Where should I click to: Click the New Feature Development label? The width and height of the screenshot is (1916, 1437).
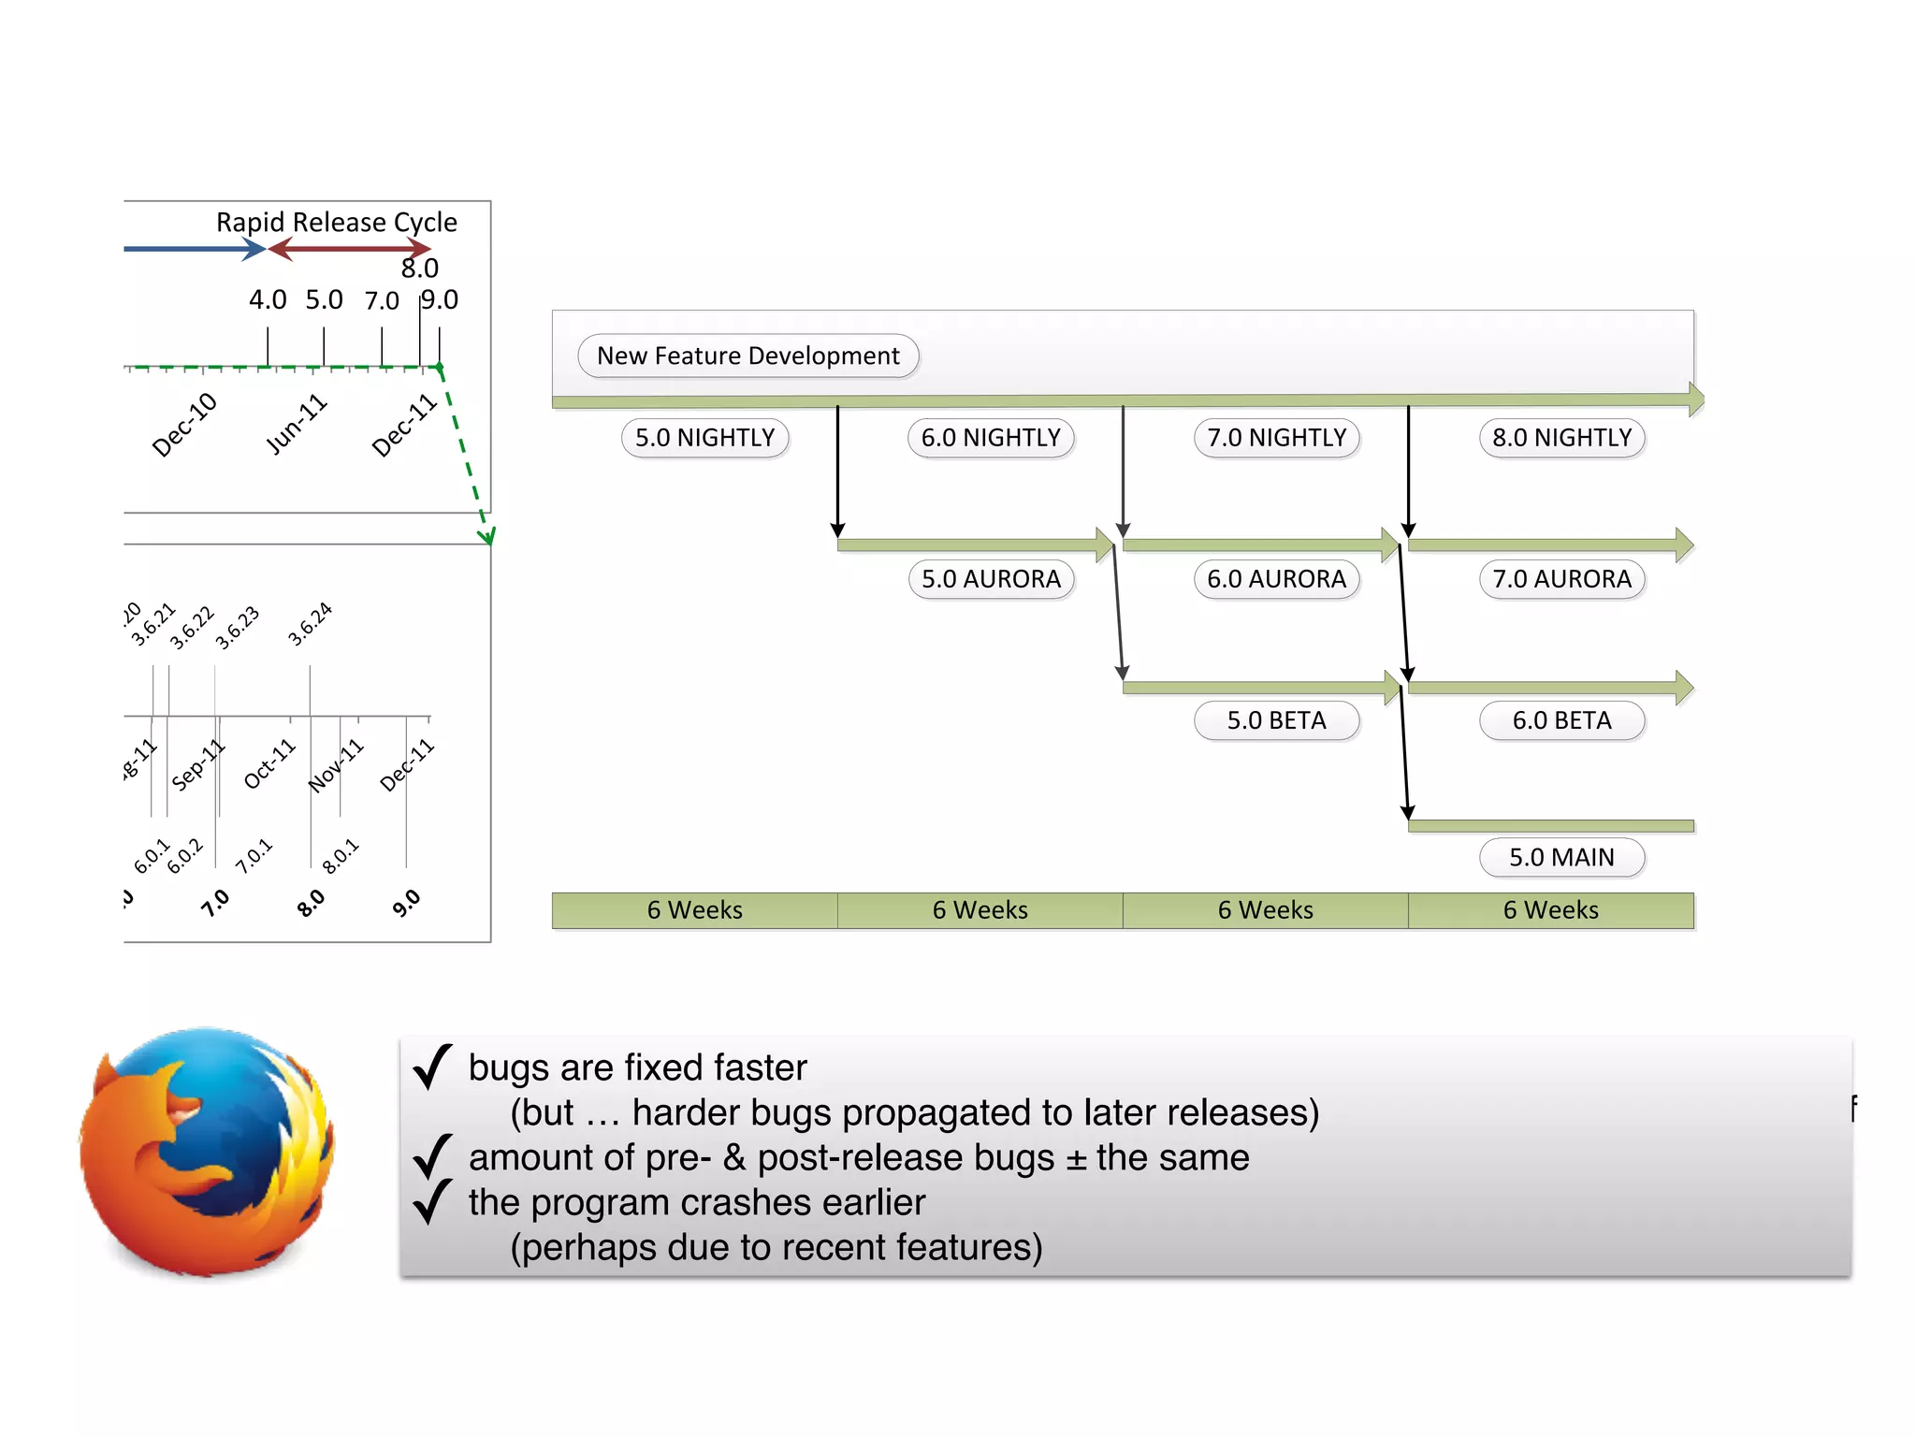pos(748,356)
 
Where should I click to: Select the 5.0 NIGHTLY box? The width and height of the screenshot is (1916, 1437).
pos(704,438)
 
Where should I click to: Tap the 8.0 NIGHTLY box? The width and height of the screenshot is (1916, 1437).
pos(1561,438)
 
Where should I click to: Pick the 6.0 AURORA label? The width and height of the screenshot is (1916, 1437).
pos(1276,579)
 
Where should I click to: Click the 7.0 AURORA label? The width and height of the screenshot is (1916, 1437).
pos(1561,579)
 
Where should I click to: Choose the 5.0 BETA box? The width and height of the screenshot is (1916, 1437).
pos(1276,720)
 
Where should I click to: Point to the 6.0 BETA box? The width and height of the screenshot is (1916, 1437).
pos(1561,720)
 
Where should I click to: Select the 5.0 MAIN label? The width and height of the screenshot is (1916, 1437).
pos(1561,857)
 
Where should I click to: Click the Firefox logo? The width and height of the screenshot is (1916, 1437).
pos(207,1152)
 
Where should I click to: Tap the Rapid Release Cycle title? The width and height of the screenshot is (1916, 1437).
pos(337,223)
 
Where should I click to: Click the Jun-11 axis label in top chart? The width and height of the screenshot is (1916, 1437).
pos(296,426)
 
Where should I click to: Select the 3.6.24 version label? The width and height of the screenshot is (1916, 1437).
pos(310,625)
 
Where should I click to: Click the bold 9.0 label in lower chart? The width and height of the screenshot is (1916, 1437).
pos(406,904)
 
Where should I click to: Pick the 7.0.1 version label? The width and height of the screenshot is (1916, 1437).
pos(254,856)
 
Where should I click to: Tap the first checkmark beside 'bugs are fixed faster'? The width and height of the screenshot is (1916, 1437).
pos(432,1067)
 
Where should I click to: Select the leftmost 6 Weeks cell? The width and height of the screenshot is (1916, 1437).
pos(694,910)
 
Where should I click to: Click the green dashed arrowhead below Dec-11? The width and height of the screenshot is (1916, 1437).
pos(486,536)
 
